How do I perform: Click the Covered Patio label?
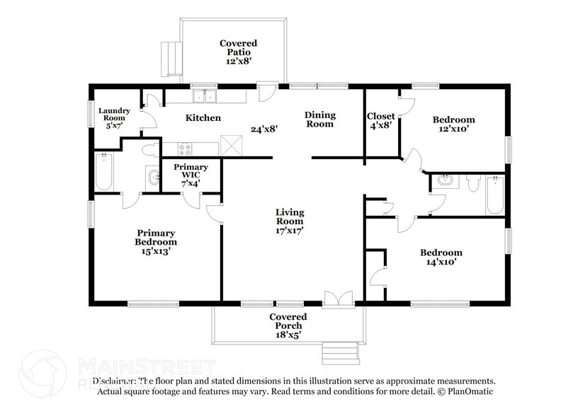(x=238, y=52)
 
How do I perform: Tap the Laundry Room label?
(x=114, y=117)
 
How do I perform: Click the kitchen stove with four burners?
(x=184, y=149)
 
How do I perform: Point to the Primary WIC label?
(x=191, y=175)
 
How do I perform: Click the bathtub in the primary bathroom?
(x=104, y=172)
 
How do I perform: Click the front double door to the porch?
(x=338, y=300)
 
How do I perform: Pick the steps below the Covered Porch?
(x=341, y=352)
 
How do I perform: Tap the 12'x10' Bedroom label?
(x=453, y=125)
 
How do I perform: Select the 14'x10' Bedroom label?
(x=441, y=257)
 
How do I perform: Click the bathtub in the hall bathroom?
(x=494, y=195)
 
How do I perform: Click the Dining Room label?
(x=319, y=120)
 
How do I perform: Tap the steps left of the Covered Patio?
(x=169, y=59)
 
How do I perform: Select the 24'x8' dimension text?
(x=263, y=129)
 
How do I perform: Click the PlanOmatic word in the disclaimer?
(x=469, y=391)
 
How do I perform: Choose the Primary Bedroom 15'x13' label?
(x=156, y=241)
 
